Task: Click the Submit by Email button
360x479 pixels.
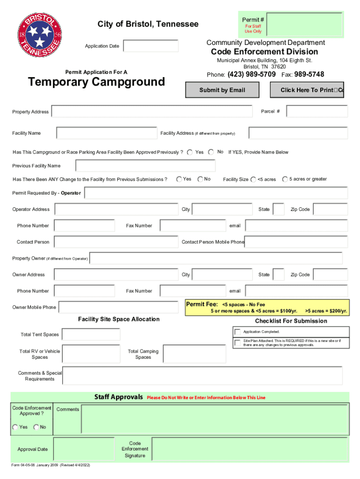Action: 222,90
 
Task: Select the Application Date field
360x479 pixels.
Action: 151,46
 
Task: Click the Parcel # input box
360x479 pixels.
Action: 317,111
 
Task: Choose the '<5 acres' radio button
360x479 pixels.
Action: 253,180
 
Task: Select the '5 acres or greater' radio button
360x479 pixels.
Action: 285,179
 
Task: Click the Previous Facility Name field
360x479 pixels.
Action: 145,166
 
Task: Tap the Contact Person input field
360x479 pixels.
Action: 116,242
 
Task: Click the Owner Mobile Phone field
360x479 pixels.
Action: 119,307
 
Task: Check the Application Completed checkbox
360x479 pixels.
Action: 238,332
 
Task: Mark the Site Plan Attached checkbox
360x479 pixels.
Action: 238,343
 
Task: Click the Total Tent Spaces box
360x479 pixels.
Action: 91,334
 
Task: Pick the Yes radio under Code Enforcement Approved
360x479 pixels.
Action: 15,427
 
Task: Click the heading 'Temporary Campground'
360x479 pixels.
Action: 96,82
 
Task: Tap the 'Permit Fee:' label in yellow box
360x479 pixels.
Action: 202,304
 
